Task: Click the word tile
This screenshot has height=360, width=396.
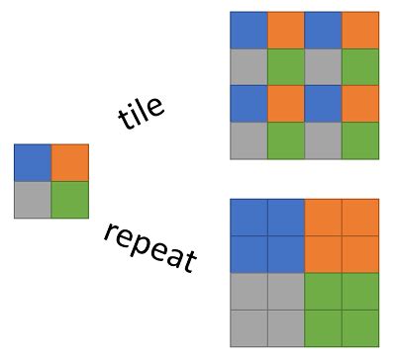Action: (x=142, y=114)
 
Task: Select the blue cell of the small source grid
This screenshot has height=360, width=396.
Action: (x=33, y=163)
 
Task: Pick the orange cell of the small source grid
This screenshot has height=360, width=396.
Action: (x=69, y=163)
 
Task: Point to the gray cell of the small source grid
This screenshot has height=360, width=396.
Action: (x=33, y=200)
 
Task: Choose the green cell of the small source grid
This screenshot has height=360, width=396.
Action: (x=69, y=200)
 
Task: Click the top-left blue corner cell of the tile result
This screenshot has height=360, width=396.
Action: (x=248, y=30)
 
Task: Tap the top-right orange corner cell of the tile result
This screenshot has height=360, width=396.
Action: (x=359, y=30)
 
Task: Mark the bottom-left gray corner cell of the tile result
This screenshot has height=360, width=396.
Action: (x=248, y=140)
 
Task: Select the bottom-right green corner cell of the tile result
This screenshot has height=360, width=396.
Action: (x=359, y=140)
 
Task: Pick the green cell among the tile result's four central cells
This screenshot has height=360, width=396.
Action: (x=285, y=66)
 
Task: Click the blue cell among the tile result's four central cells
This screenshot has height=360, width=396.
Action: (x=323, y=104)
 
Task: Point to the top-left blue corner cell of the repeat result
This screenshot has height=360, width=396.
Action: (x=248, y=218)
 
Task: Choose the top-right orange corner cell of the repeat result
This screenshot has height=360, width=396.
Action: (x=359, y=218)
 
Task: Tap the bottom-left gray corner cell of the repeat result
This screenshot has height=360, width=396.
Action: (x=248, y=327)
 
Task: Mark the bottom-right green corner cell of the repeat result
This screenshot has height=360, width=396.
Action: (x=359, y=327)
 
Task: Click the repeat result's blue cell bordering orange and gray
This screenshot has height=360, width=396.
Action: (x=285, y=254)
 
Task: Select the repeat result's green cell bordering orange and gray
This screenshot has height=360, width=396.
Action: (x=323, y=291)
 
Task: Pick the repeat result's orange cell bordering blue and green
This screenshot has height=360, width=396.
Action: (x=323, y=254)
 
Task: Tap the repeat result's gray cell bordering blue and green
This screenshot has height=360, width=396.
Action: (x=285, y=291)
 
